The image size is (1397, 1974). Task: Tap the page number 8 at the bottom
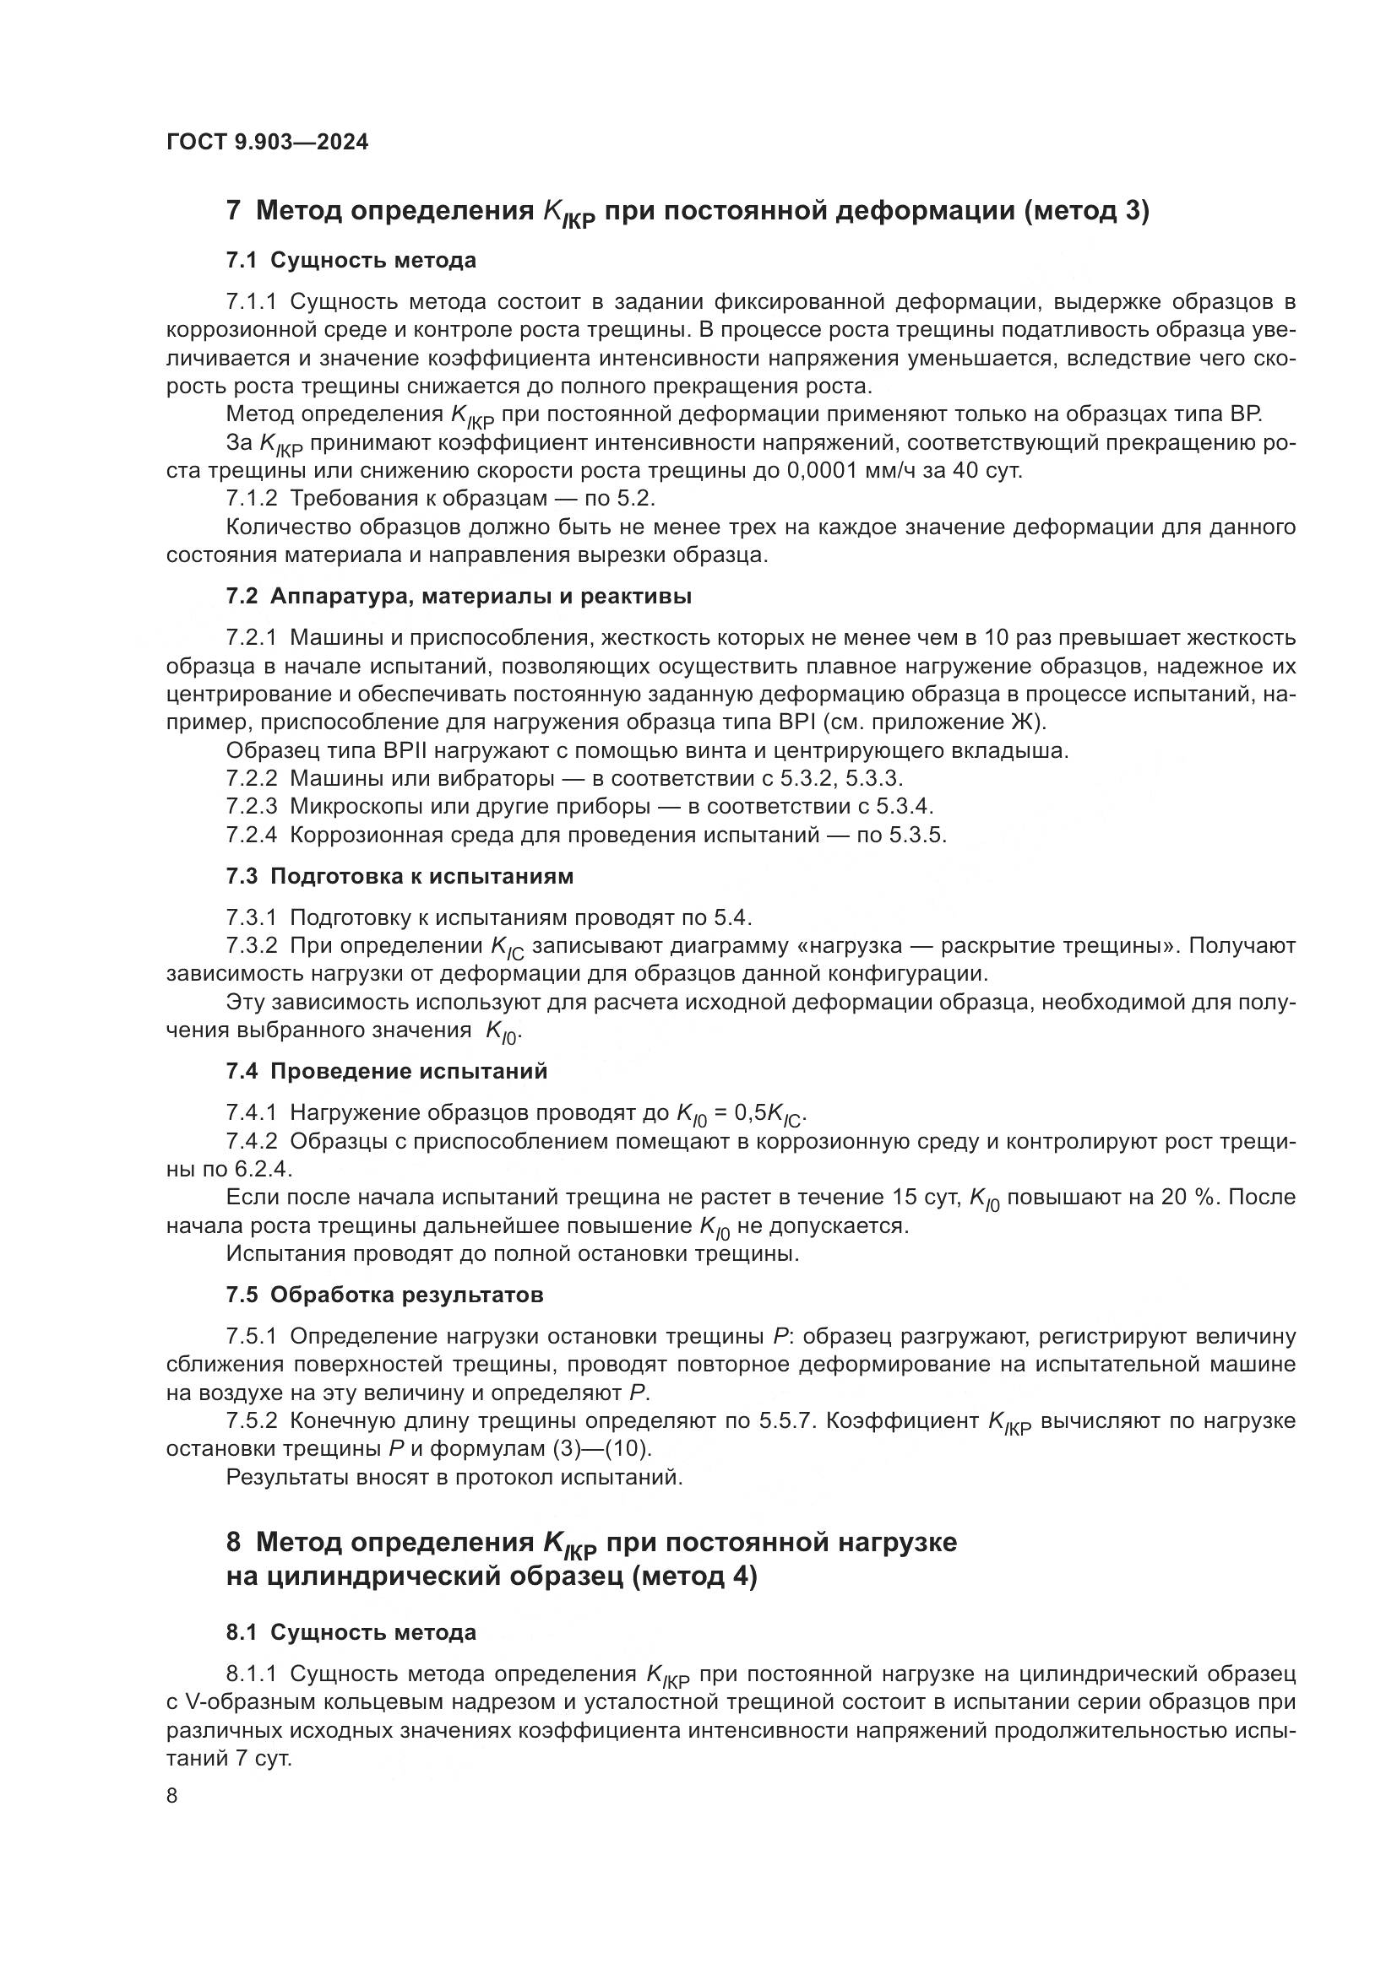[172, 1796]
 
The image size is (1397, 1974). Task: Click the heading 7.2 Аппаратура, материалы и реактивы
[459, 596]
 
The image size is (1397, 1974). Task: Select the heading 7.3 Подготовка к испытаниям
[400, 876]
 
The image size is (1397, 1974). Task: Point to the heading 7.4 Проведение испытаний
[386, 1071]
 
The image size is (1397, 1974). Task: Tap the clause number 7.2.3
[251, 807]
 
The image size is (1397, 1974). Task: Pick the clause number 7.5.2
[251, 1421]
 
